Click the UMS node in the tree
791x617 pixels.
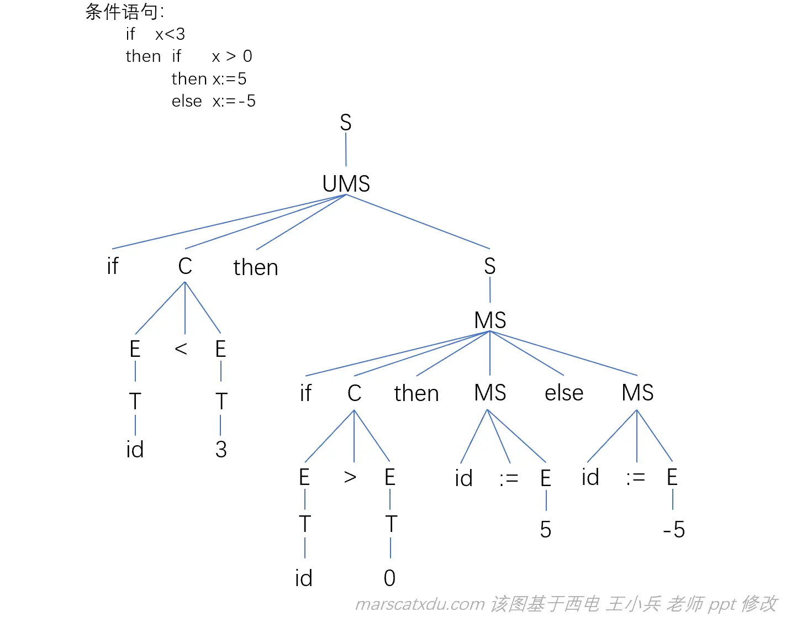346,184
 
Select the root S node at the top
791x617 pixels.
346,122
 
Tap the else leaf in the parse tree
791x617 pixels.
563,393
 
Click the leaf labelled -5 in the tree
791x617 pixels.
674,530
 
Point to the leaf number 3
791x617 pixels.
221,450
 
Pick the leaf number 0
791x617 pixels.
389,578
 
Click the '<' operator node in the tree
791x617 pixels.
181,349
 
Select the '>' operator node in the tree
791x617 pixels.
350,477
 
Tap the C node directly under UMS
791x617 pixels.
185,266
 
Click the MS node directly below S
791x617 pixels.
490,320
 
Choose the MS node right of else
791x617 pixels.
637,393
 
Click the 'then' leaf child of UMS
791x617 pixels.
256,267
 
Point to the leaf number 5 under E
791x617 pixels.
545,530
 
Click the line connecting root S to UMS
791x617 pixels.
346,149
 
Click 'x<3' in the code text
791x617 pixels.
170,34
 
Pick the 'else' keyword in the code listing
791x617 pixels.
187,101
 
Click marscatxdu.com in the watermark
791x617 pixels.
420,604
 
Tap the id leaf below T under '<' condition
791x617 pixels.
135,450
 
